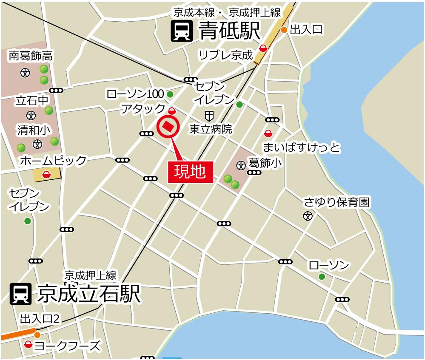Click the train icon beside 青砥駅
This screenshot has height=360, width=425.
pos(181,31)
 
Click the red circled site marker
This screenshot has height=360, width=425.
pos(168,127)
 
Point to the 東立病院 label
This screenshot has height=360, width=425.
pos(211,129)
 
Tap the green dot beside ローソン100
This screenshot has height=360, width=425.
pos(170,94)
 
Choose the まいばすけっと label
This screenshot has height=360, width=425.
pos(302,147)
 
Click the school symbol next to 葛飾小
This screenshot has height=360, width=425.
pos(241,164)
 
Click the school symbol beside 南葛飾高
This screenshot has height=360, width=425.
pos(25,72)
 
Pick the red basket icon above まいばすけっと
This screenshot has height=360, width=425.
pos(268,133)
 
